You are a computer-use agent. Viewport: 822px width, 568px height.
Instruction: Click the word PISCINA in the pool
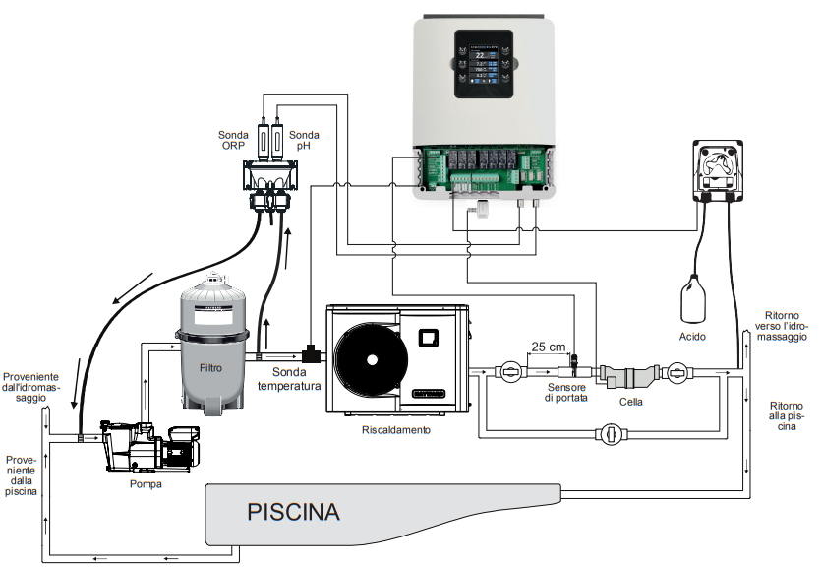pyautogui.click(x=293, y=513)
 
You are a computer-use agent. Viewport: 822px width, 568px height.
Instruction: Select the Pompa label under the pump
pyautogui.click(x=147, y=484)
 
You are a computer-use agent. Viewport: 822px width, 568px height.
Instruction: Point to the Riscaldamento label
pyautogui.click(x=396, y=430)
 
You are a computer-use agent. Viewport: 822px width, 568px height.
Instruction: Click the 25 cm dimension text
pyautogui.click(x=550, y=346)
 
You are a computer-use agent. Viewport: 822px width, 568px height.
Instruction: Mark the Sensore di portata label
pyautogui.click(x=567, y=393)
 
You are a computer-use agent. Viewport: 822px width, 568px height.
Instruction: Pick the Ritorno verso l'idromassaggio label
pyautogui.click(x=785, y=325)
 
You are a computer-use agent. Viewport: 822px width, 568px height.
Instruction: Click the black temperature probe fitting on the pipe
pyautogui.click(x=314, y=351)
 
